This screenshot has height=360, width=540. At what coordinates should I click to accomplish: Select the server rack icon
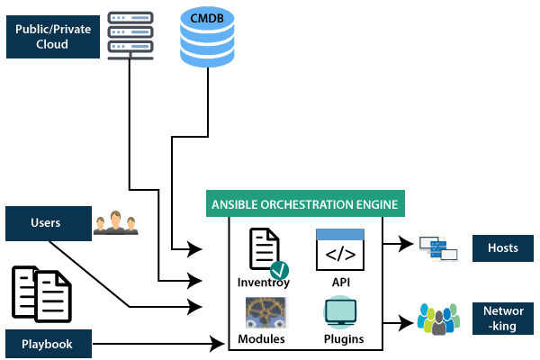pyautogui.click(x=130, y=33)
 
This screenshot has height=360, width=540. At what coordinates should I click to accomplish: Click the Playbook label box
pyautogui.click(x=48, y=343)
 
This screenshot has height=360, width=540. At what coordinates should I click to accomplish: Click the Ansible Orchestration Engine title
pyautogui.click(x=304, y=204)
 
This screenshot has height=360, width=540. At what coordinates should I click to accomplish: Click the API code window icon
pyautogui.click(x=340, y=249)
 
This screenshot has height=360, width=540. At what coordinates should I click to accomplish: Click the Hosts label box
pyautogui.click(x=503, y=247)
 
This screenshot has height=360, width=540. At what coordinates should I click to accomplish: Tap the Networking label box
pyautogui.click(x=503, y=319)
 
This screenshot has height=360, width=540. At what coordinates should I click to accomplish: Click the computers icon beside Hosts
pyautogui.click(x=440, y=247)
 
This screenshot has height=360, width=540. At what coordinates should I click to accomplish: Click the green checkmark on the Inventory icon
pyautogui.click(x=279, y=269)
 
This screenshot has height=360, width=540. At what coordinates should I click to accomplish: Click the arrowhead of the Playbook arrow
pyautogui.click(x=217, y=343)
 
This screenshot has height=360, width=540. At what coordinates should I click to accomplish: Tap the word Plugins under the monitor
pyautogui.click(x=343, y=339)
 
